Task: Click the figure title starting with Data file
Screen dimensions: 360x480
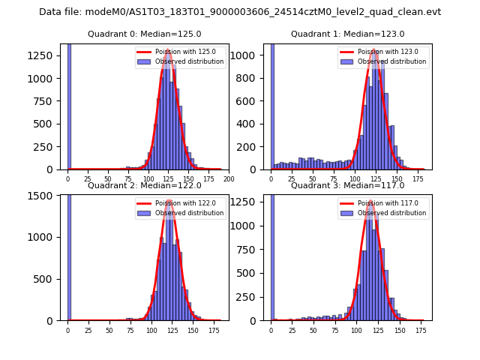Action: [240, 12]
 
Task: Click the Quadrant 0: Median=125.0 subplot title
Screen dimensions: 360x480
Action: [145, 34]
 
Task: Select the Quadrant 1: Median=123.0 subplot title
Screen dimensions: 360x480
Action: [347, 34]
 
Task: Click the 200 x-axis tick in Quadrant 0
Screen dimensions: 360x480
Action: [229, 179]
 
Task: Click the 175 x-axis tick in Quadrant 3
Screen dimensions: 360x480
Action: [421, 330]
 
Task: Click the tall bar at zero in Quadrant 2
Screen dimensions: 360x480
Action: [69, 255]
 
